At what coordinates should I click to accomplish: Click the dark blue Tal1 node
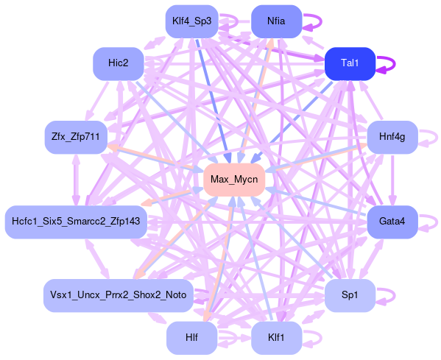click(350, 63)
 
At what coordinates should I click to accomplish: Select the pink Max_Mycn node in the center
click(234, 180)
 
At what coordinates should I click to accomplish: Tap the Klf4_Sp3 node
click(192, 21)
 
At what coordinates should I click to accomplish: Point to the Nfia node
click(276, 21)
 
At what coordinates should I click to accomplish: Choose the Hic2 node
click(118, 63)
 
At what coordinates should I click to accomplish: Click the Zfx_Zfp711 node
click(76, 137)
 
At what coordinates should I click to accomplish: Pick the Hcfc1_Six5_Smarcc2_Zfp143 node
click(76, 222)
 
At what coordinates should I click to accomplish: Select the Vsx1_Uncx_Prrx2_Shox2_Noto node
click(118, 296)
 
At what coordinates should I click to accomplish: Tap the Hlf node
click(192, 338)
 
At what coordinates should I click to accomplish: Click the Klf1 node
click(276, 338)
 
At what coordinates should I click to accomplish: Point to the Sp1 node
click(350, 296)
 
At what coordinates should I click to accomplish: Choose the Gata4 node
click(392, 222)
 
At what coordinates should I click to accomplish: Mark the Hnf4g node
click(392, 137)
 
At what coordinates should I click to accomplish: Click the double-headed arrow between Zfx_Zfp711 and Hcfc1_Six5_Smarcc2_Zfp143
click(77, 180)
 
